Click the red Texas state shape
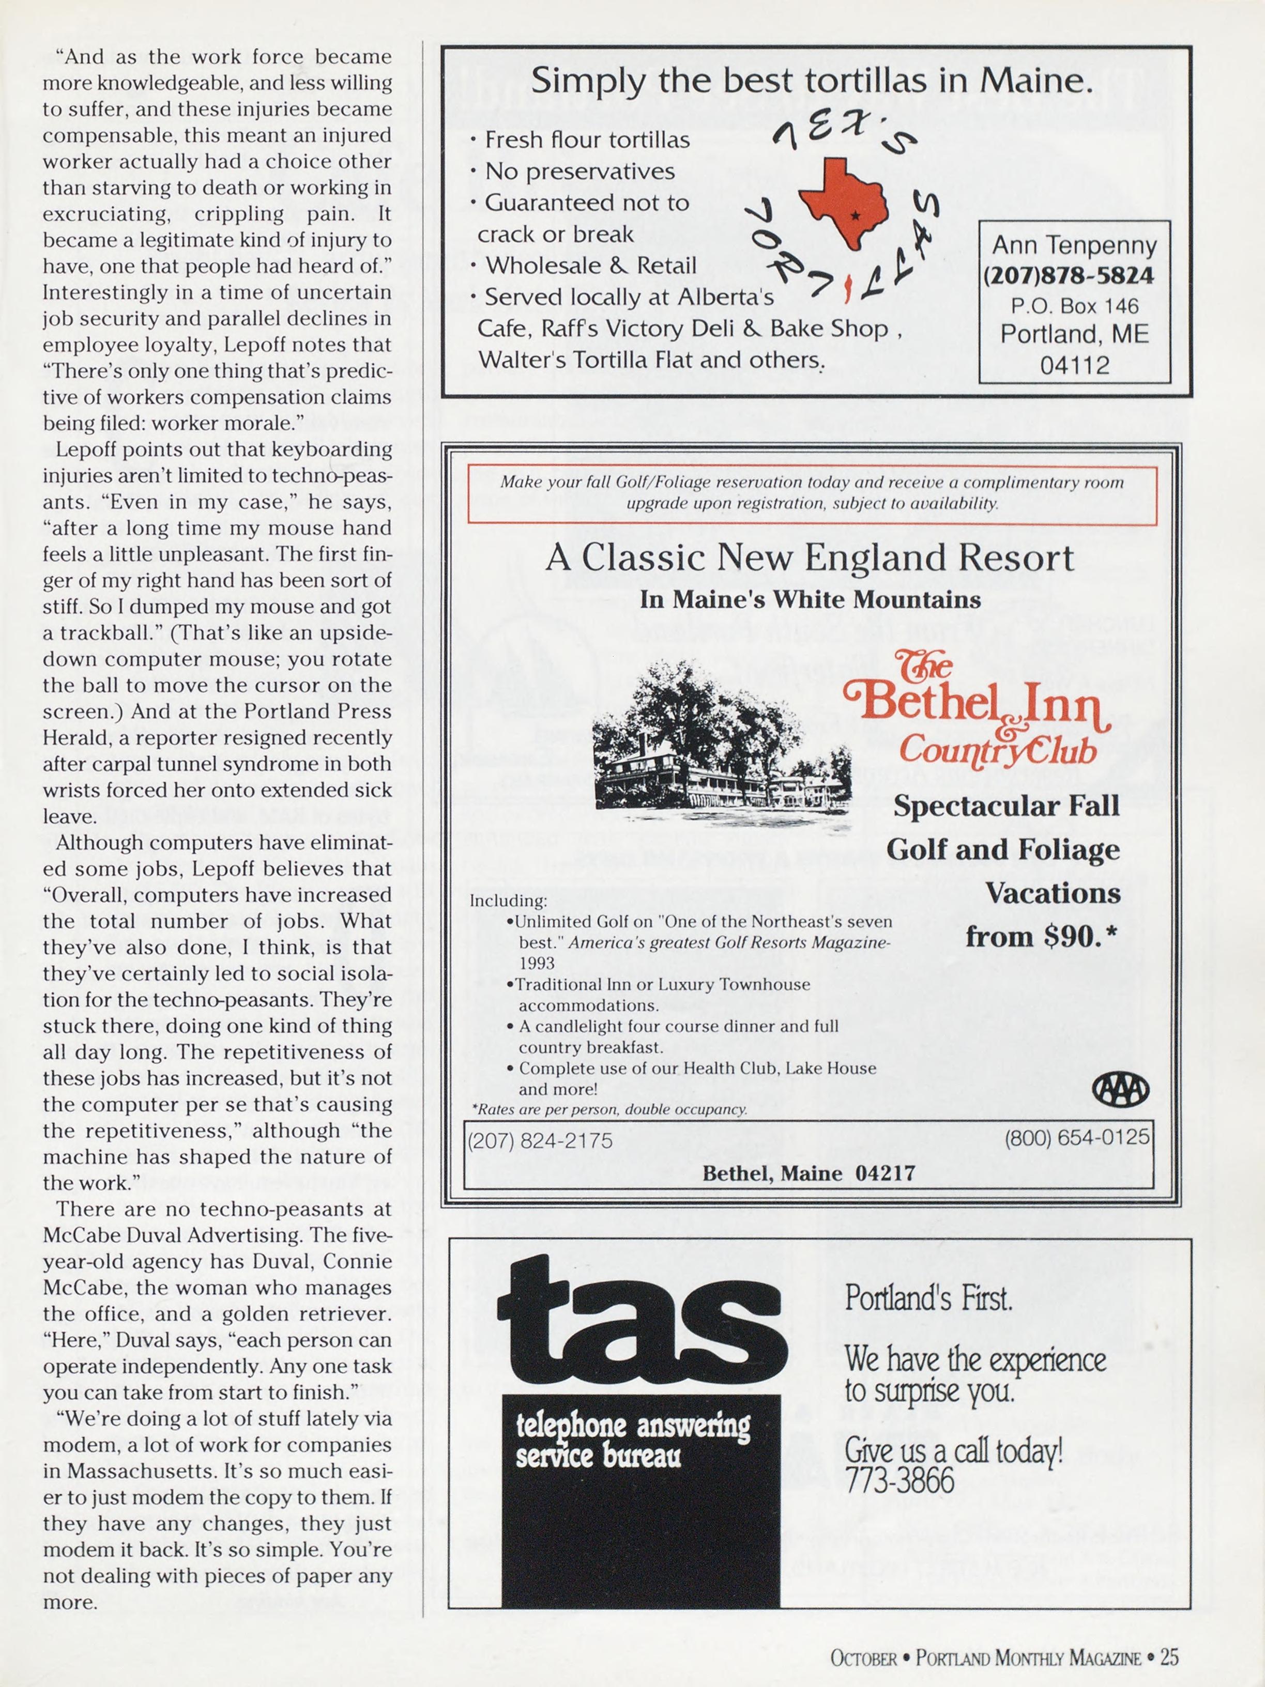[844, 200]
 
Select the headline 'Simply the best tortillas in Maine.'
[812, 80]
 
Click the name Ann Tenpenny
[1074, 245]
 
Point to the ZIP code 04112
[1074, 365]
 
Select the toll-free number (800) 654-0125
[1076, 1137]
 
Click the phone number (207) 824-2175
[540, 1140]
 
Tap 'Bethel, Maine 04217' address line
[808, 1172]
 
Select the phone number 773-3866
[899, 1480]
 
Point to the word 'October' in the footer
[863, 1658]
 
